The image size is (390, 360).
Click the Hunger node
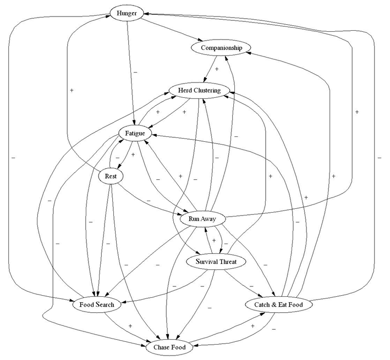click(127, 12)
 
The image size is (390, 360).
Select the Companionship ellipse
click(221, 48)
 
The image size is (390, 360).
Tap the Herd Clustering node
click(195, 90)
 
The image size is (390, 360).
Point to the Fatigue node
click(135, 132)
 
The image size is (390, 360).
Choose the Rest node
click(111, 176)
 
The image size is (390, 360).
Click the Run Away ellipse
click(202, 219)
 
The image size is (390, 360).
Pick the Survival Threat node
click(216, 262)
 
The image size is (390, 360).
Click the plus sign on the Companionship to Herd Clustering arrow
click(217, 70)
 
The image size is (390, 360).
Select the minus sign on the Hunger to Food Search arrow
click(12, 158)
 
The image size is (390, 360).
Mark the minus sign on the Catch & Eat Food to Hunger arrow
click(380, 158)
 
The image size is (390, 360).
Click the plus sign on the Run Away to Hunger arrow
click(356, 112)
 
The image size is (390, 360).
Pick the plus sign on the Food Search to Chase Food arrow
click(130, 326)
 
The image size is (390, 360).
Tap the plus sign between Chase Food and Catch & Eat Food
click(252, 326)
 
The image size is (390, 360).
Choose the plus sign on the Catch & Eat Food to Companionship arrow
click(333, 176)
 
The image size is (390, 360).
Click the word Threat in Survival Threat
click(227, 262)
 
